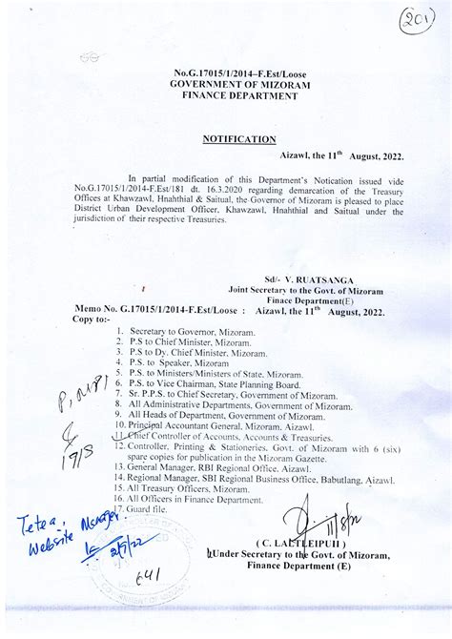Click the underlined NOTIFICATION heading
[x=239, y=139]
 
